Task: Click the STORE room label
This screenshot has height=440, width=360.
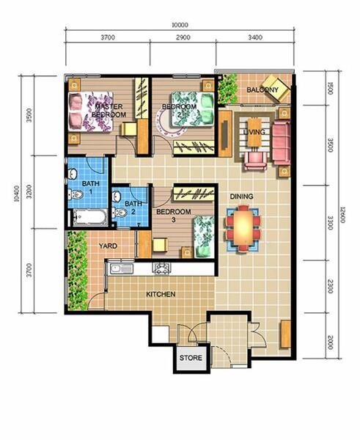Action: coord(191,359)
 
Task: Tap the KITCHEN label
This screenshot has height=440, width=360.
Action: coord(161,294)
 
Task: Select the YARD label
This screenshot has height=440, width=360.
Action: coord(109,246)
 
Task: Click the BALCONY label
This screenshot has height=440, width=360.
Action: coord(262,90)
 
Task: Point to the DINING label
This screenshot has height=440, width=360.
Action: coord(242,197)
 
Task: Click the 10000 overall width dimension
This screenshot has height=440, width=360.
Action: coord(180,24)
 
